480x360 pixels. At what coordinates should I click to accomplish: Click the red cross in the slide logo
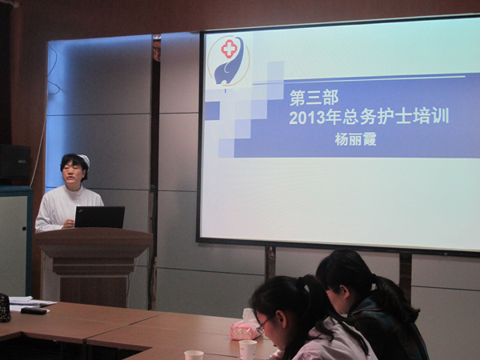(x=229, y=49)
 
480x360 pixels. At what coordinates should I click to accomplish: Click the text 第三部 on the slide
(x=314, y=98)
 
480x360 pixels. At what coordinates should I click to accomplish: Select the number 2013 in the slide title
(x=306, y=118)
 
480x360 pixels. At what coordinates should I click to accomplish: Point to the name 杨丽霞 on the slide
(x=355, y=139)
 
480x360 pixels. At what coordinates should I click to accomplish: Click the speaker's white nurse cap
(x=84, y=159)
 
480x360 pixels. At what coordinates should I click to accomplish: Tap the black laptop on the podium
(x=99, y=217)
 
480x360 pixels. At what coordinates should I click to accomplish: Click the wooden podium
(x=93, y=266)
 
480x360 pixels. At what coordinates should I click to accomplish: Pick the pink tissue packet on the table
(x=245, y=326)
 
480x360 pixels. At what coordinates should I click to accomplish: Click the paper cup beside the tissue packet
(x=248, y=350)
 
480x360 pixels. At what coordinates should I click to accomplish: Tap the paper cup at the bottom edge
(x=194, y=355)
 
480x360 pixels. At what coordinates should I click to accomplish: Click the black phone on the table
(x=34, y=310)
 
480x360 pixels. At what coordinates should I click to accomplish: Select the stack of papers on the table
(x=29, y=303)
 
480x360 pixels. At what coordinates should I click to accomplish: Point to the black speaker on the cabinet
(x=15, y=162)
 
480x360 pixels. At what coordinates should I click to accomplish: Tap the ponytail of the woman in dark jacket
(x=395, y=298)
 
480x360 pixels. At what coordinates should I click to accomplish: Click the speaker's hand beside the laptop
(x=69, y=224)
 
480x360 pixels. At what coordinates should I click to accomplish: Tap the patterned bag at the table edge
(x=5, y=308)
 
